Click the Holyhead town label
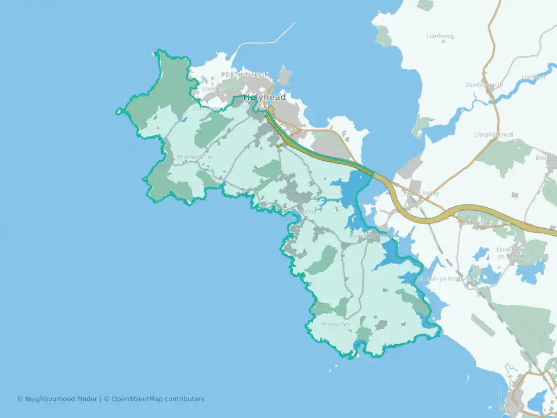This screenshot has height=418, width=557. coord(265,98)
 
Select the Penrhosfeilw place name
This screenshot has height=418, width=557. coord(194,157)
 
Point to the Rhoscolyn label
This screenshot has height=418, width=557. coord(336,324)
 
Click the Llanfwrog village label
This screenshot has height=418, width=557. coord(440,36)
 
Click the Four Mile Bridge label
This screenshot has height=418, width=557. coord(372,236)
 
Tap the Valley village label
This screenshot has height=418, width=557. coord(423,193)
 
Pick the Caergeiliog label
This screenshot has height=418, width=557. coord(479,222)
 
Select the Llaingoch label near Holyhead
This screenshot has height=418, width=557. coord(215,89)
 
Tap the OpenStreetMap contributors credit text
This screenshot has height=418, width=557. coord(158,399)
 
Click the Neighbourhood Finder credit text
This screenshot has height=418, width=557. coord(58,399)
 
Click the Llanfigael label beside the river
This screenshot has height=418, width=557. coord(533,77)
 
